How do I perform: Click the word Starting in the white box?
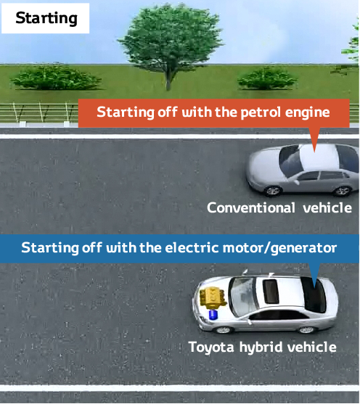46,19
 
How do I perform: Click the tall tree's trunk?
168,80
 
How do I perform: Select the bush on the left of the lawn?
55,78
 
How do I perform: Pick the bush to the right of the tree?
267,78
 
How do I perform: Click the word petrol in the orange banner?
261,113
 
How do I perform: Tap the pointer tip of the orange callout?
314,152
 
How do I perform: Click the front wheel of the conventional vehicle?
273,191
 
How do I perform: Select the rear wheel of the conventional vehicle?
342,191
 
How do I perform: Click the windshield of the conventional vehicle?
290,161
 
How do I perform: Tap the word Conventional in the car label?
251,207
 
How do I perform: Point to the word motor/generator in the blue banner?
279,248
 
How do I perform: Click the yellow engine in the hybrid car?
213,298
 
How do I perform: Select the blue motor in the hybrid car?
213,315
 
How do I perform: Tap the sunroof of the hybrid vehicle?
271,292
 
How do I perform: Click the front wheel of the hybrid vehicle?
224,330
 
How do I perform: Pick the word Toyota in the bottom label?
211,347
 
